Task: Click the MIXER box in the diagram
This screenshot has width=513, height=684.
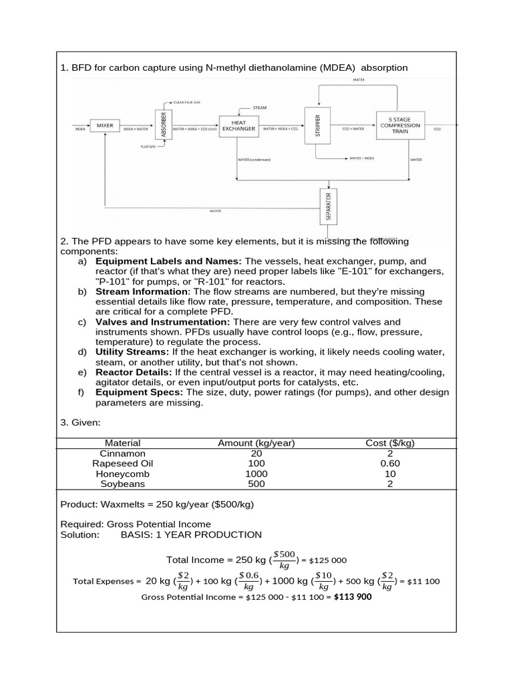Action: (105, 125)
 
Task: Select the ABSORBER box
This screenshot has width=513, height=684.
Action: (164, 124)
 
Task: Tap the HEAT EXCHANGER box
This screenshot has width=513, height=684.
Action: (238, 126)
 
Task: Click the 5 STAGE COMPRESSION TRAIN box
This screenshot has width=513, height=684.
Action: (399, 125)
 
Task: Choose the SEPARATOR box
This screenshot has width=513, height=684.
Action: (328, 207)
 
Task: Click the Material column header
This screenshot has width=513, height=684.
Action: (123, 443)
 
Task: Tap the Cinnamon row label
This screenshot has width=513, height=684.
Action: (123, 453)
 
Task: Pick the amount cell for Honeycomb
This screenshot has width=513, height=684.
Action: (256, 474)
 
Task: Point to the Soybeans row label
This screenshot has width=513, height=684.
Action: (123, 484)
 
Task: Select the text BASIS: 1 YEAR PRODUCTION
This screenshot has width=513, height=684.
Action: (191, 535)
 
